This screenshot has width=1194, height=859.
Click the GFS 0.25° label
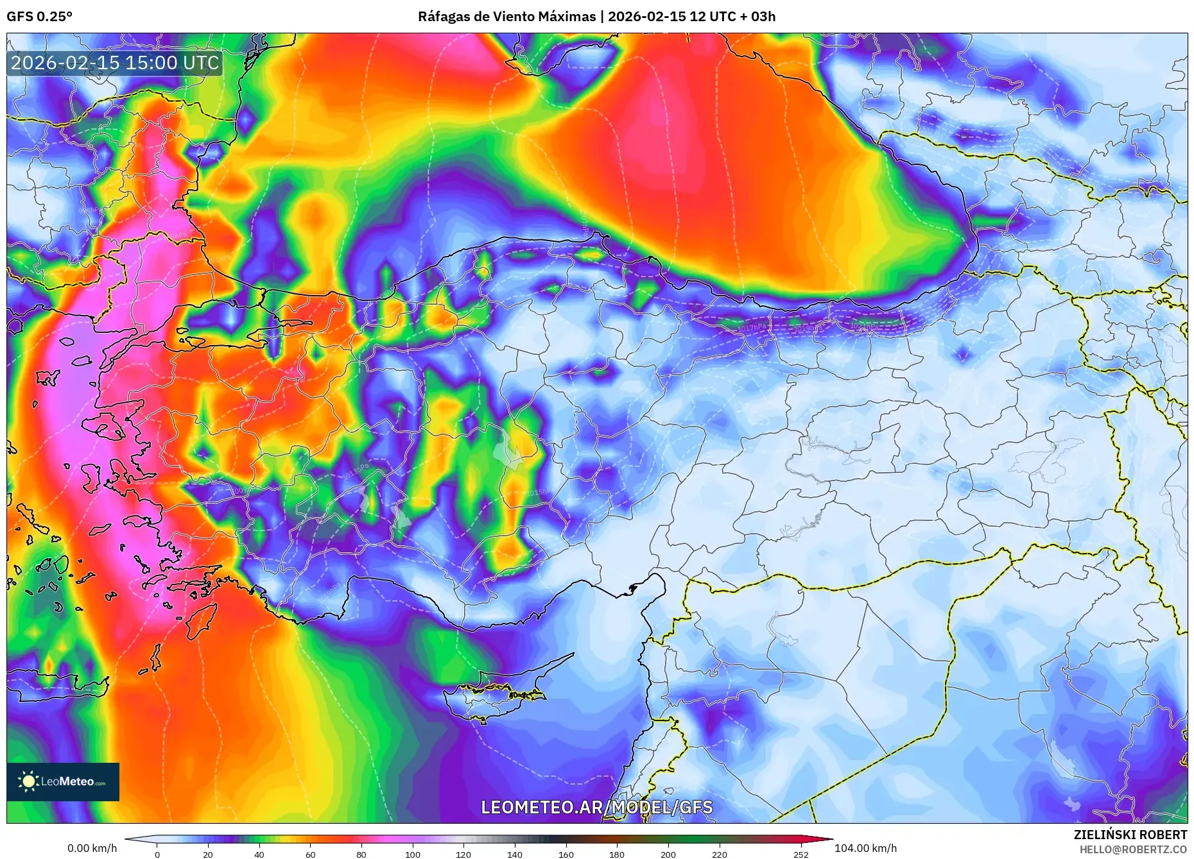click(39, 17)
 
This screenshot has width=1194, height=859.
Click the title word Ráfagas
click(443, 17)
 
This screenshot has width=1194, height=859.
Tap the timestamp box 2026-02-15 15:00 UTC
click(115, 63)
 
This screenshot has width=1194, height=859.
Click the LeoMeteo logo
click(63, 781)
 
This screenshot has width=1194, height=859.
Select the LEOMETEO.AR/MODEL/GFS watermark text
click(596, 807)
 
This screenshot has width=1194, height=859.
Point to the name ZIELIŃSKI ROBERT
click(1130, 835)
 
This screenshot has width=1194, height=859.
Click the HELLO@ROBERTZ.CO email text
click(1132, 849)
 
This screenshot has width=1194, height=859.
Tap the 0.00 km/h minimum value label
click(92, 848)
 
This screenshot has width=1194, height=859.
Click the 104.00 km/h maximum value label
click(865, 848)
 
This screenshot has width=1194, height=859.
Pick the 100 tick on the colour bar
click(412, 855)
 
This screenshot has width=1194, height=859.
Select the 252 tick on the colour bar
click(800, 855)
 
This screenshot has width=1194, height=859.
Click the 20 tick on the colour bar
click(208, 855)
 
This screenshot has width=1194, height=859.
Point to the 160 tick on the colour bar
click(566, 855)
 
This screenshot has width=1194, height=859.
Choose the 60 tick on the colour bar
click(310, 855)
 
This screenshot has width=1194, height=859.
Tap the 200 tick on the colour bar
click(668, 855)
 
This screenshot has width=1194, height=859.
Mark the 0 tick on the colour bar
click(157, 855)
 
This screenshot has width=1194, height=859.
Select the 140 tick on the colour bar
click(514, 855)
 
